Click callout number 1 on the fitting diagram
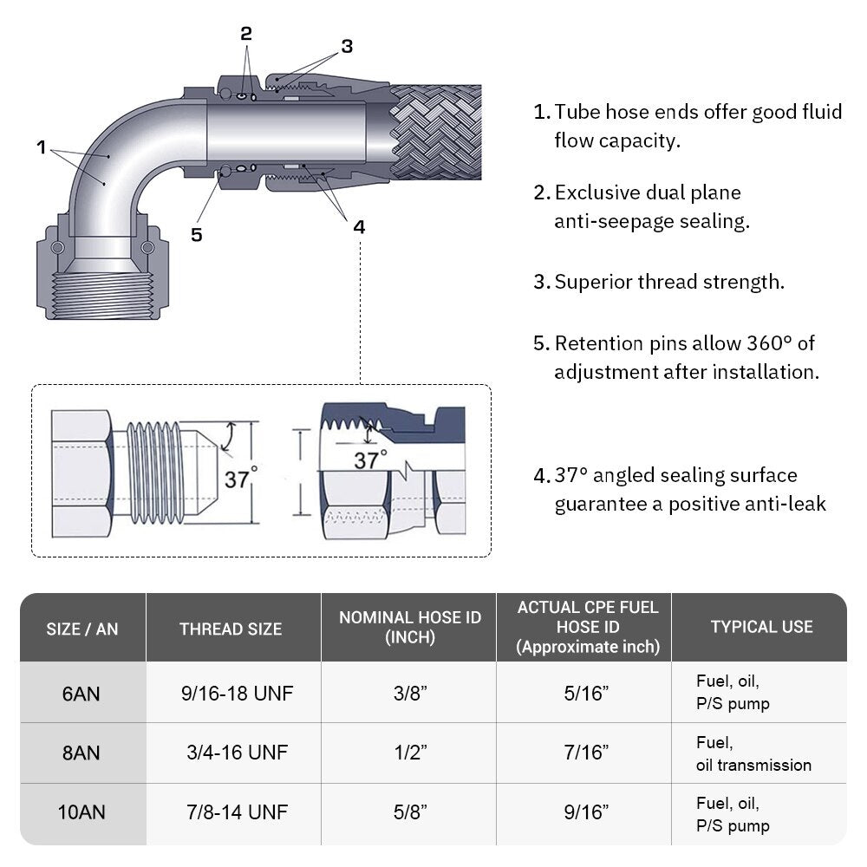coord(41,147)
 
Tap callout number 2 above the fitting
coord(246,34)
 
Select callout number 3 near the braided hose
coord(347,47)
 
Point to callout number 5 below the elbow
coord(197,234)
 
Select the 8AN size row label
coord(82,753)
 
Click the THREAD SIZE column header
coord(231,629)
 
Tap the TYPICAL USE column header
coord(761,627)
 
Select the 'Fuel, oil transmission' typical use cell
coord(753,753)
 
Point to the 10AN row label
coord(82,813)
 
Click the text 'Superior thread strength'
coord(669,282)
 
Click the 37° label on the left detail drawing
coord(241,478)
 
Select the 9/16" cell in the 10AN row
coord(583,812)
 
